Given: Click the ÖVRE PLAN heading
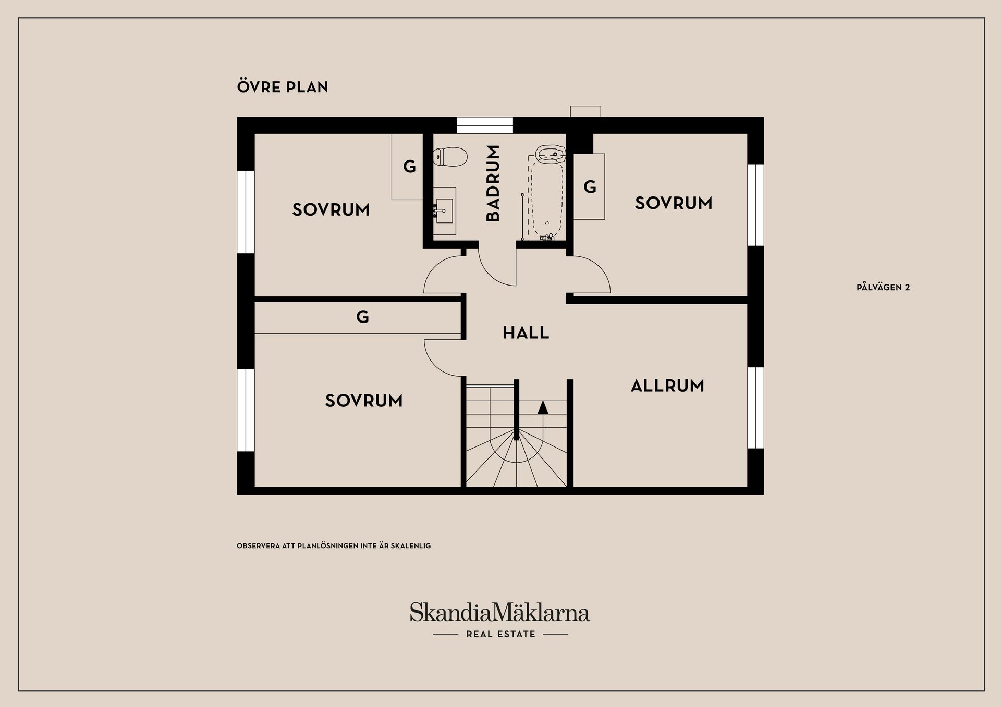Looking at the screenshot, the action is point(283,86).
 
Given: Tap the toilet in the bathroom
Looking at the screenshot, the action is point(450,157).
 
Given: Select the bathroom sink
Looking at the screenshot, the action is point(444,210).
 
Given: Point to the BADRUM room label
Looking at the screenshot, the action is point(493,183).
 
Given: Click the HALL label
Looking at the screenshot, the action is point(526,332).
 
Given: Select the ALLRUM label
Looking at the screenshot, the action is point(667,386).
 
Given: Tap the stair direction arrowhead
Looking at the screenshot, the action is point(543,407).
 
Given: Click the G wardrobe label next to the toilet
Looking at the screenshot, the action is point(409,167).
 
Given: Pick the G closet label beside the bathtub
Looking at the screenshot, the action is point(590,187).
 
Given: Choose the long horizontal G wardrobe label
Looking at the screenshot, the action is point(362,316).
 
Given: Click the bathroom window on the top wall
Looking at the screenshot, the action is point(485,126).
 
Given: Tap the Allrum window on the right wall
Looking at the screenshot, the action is point(755,408).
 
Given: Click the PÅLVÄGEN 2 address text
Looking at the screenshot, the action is point(883,287).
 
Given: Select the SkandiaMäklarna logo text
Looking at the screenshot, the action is point(499,612).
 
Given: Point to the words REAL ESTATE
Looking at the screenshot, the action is point(500,634).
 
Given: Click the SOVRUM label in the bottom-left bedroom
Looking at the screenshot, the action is point(364,401).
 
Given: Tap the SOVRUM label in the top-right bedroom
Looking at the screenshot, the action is point(674,203).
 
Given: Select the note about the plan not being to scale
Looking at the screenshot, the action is point(334,546).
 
